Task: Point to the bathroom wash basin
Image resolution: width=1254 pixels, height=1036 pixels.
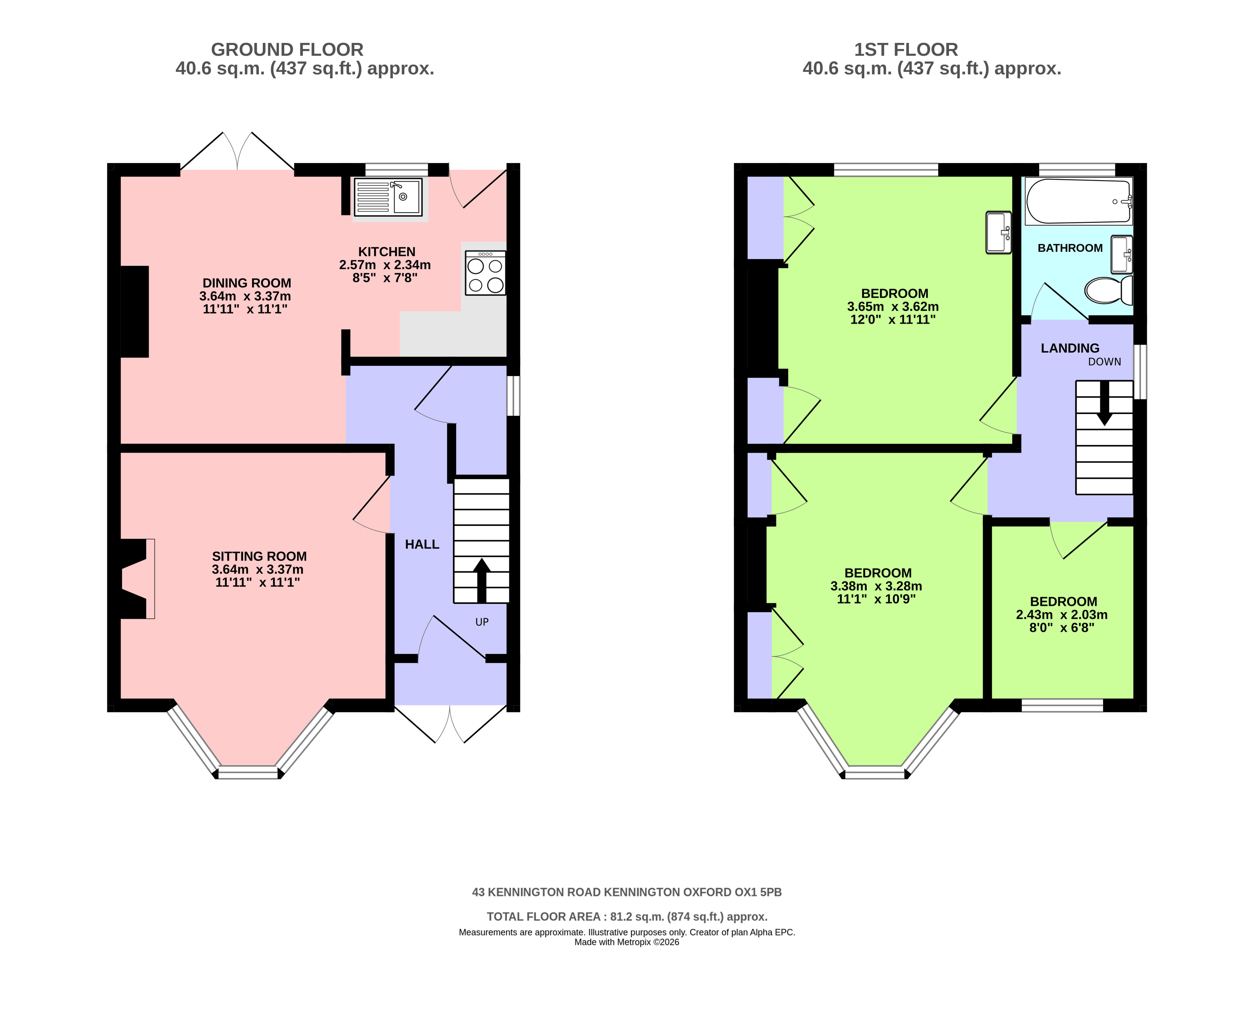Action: (1121, 254)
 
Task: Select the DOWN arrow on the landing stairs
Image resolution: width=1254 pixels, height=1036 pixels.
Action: (1104, 403)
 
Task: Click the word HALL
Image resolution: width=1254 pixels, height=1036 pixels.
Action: (422, 544)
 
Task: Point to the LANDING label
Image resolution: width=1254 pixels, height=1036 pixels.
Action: (1069, 348)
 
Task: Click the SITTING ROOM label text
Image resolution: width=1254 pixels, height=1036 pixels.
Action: (259, 556)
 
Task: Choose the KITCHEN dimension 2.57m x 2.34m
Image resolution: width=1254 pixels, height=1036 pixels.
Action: (385, 265)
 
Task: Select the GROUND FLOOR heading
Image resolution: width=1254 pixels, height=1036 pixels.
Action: (287, 50)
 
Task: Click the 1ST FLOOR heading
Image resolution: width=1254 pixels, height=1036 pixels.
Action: (906, 50)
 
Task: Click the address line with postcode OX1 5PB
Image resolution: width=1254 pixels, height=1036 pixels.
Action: (627, 892)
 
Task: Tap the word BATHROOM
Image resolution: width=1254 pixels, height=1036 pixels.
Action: (1069, 248)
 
